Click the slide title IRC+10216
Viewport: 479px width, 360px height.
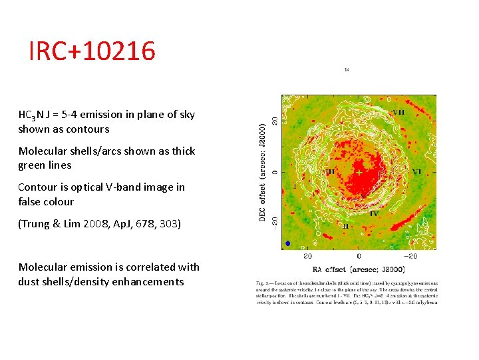click(x=92, y=51)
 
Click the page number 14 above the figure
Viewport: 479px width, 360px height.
click(x=347, y=69)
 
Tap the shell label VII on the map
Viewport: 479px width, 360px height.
click(x=398, y=112)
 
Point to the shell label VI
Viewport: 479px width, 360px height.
click(x=416, y=171)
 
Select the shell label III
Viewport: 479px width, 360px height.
click(x=331, y=171)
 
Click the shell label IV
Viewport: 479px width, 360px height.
click(x=374, y=213)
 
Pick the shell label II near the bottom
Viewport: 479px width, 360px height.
click(x=346, y=227)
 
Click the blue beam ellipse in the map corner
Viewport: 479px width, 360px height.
click(x=287, y=243)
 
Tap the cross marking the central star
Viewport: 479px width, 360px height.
click(x=359, y=172)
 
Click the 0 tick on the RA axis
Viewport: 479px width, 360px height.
click(x=359, y=256)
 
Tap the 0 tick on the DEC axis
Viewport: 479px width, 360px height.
click(x=275, y=172)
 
